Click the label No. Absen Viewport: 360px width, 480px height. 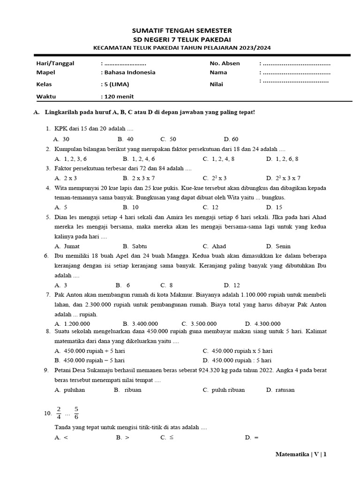coord(225,63)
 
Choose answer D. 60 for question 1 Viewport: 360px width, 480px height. coord(231,139)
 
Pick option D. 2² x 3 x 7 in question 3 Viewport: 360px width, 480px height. coord(283,178)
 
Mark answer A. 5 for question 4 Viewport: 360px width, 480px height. coord(61,207)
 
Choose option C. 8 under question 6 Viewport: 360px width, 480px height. coord(167,285)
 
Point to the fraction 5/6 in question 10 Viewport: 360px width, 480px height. coord(76,413)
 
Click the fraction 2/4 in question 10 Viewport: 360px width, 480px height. coord(59,413)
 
